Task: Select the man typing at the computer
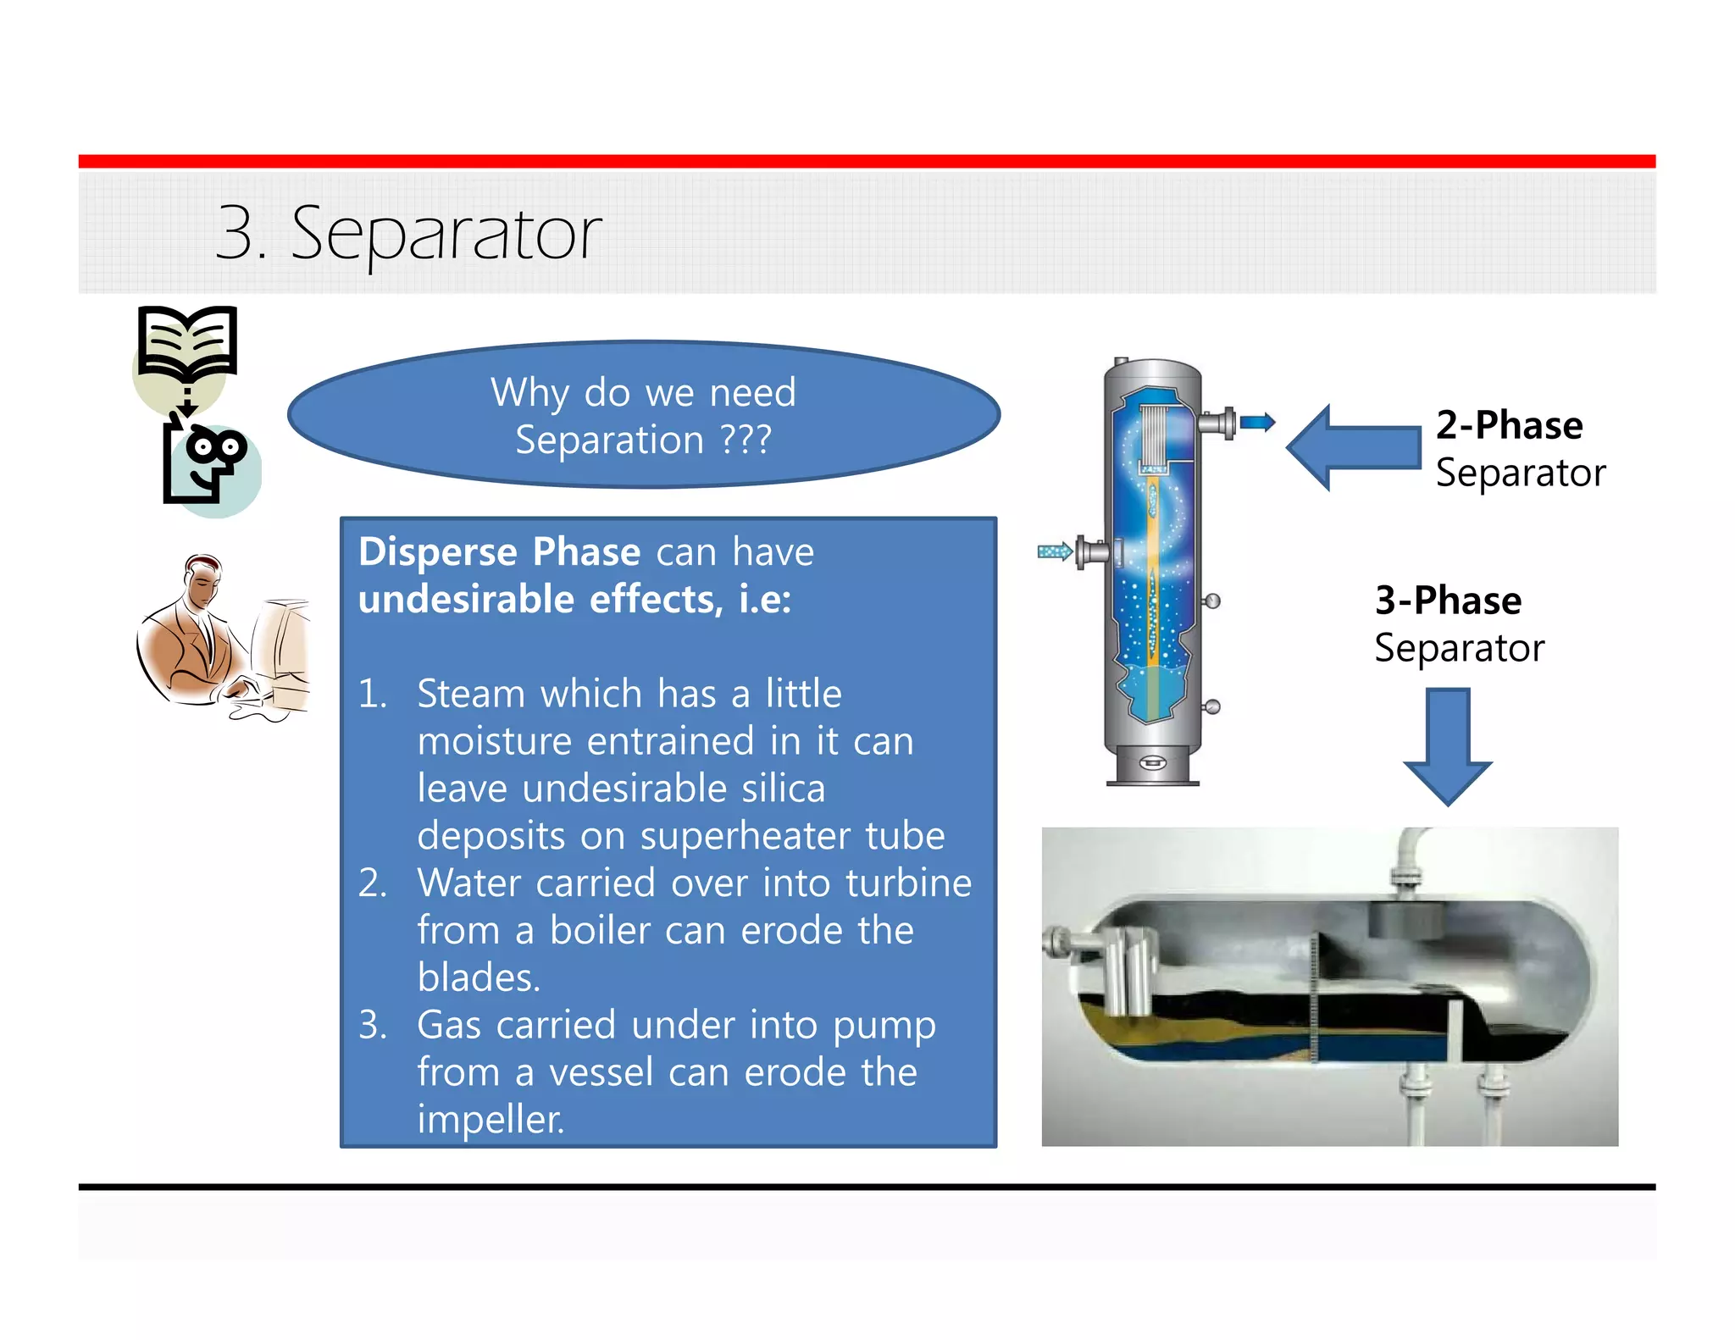tap(222, 638)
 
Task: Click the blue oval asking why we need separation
tap(644, 415)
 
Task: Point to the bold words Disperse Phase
tap(499, 552)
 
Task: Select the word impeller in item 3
tap(490, 1120)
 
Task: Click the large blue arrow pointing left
tap(1353, 447)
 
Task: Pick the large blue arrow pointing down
tap(1447, 745)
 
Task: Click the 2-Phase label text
tap(1509, 425)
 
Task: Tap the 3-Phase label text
tap(1448, 601)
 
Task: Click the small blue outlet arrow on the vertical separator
tap(1257, 422)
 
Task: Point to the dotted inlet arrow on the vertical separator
tap(1055, 552)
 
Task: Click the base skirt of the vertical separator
tap(1152, 765)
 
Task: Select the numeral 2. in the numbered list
tap(373, 883)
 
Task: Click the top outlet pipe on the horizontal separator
tap(1407, 860)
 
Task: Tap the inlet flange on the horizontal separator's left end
tap(1059, 943)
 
